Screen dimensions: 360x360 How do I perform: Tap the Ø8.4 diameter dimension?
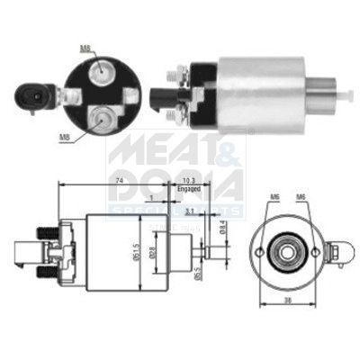coord(222,233)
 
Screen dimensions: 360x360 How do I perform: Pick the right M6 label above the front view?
coord(301,196)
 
